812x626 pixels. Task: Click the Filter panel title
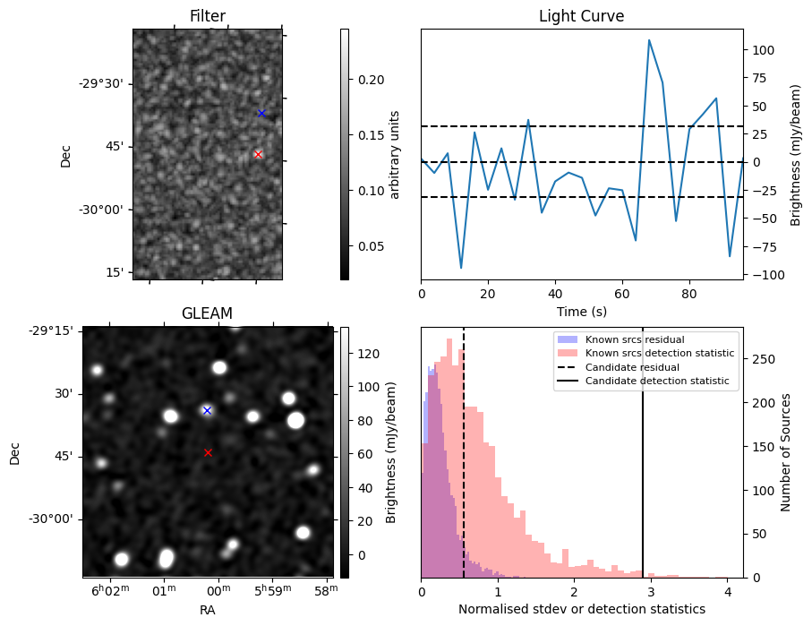pyautogui.click(x=207, y=16)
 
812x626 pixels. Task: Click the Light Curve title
pyautogui.click(x=581, y=16)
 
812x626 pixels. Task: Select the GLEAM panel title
pyautogui.click(x=207, y=313)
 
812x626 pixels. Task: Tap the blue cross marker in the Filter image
pyautogui.click(x=261, y=113)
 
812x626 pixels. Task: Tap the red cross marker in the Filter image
pyautogui.click(x=258, y=154)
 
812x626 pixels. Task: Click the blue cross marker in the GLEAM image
pyautogui.click(x=207, y=410)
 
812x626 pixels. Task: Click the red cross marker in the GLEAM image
pyautogui.click(x=208, y=452)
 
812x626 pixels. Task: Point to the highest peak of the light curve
pyautogui.click(x=649, y=40)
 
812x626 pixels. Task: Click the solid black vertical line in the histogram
pyautogui.click(x=642, y=466)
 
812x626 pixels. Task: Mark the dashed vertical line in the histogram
pyautogui.click(x=464, y=466)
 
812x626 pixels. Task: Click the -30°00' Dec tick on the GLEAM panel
pyautogui.click(x=56, y=519)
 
